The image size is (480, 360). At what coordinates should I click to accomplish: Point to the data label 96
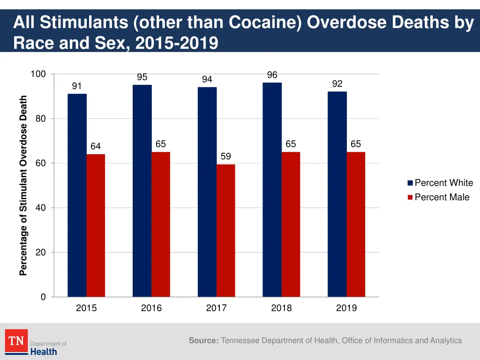pyautogui.click(x=272, y=75)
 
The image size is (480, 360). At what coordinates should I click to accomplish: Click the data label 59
pyautogui.click(x=226, y=157)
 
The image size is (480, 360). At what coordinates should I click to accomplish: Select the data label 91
pyautogui.click(x=77, y=86)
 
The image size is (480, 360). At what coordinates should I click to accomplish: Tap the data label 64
pyautogui.click(x=96, y=147)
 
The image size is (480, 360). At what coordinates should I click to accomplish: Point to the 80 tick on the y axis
pyautogui.click(x=41, y=119)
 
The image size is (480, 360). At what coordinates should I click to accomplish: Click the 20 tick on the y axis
pyautogui.click(x=41, y=253)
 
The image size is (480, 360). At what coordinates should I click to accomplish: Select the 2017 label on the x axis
pyautogui.click(x=216, y=308)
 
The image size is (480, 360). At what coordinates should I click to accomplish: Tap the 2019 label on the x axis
pyautogui.click(x=346, y=308)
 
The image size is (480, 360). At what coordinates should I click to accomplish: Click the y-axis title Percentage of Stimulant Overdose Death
pyautogui.click(x=23, y=186)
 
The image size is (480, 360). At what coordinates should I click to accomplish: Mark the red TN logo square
pyautogui.click(x=16, y=341)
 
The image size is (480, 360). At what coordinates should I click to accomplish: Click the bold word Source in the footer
pyautogui.click(x=203, y=341)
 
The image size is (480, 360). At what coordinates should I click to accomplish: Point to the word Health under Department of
pyautogui.click(x=44, y=351)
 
